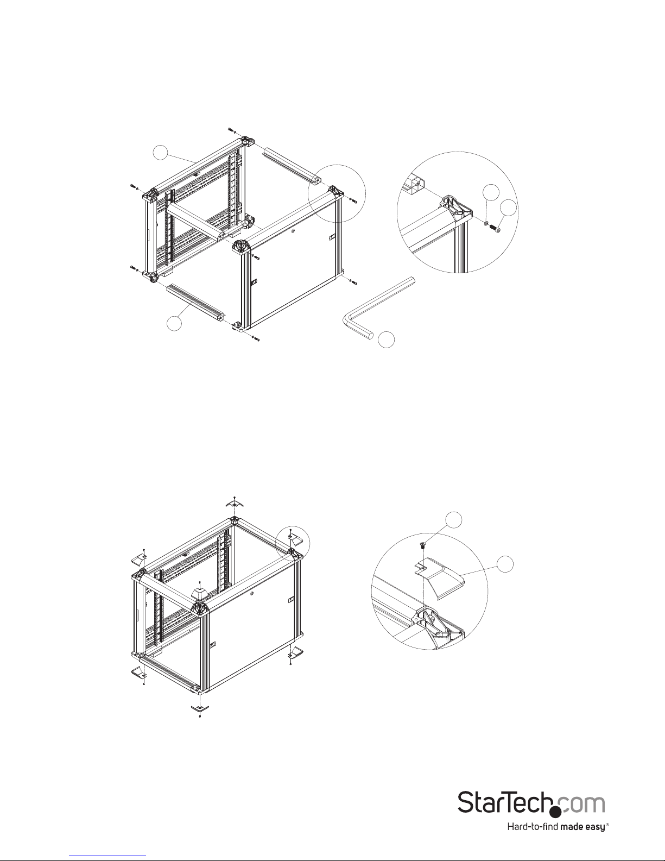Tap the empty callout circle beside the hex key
(x=387, y=340)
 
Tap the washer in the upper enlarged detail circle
(x=485, y=224)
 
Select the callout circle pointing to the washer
(x=491, y=192)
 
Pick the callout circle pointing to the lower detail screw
(x=454, y=520)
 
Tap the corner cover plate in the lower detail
(x=441, y=576)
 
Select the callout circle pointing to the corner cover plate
(x=505, y=564)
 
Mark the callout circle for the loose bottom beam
(x=174, y=323)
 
